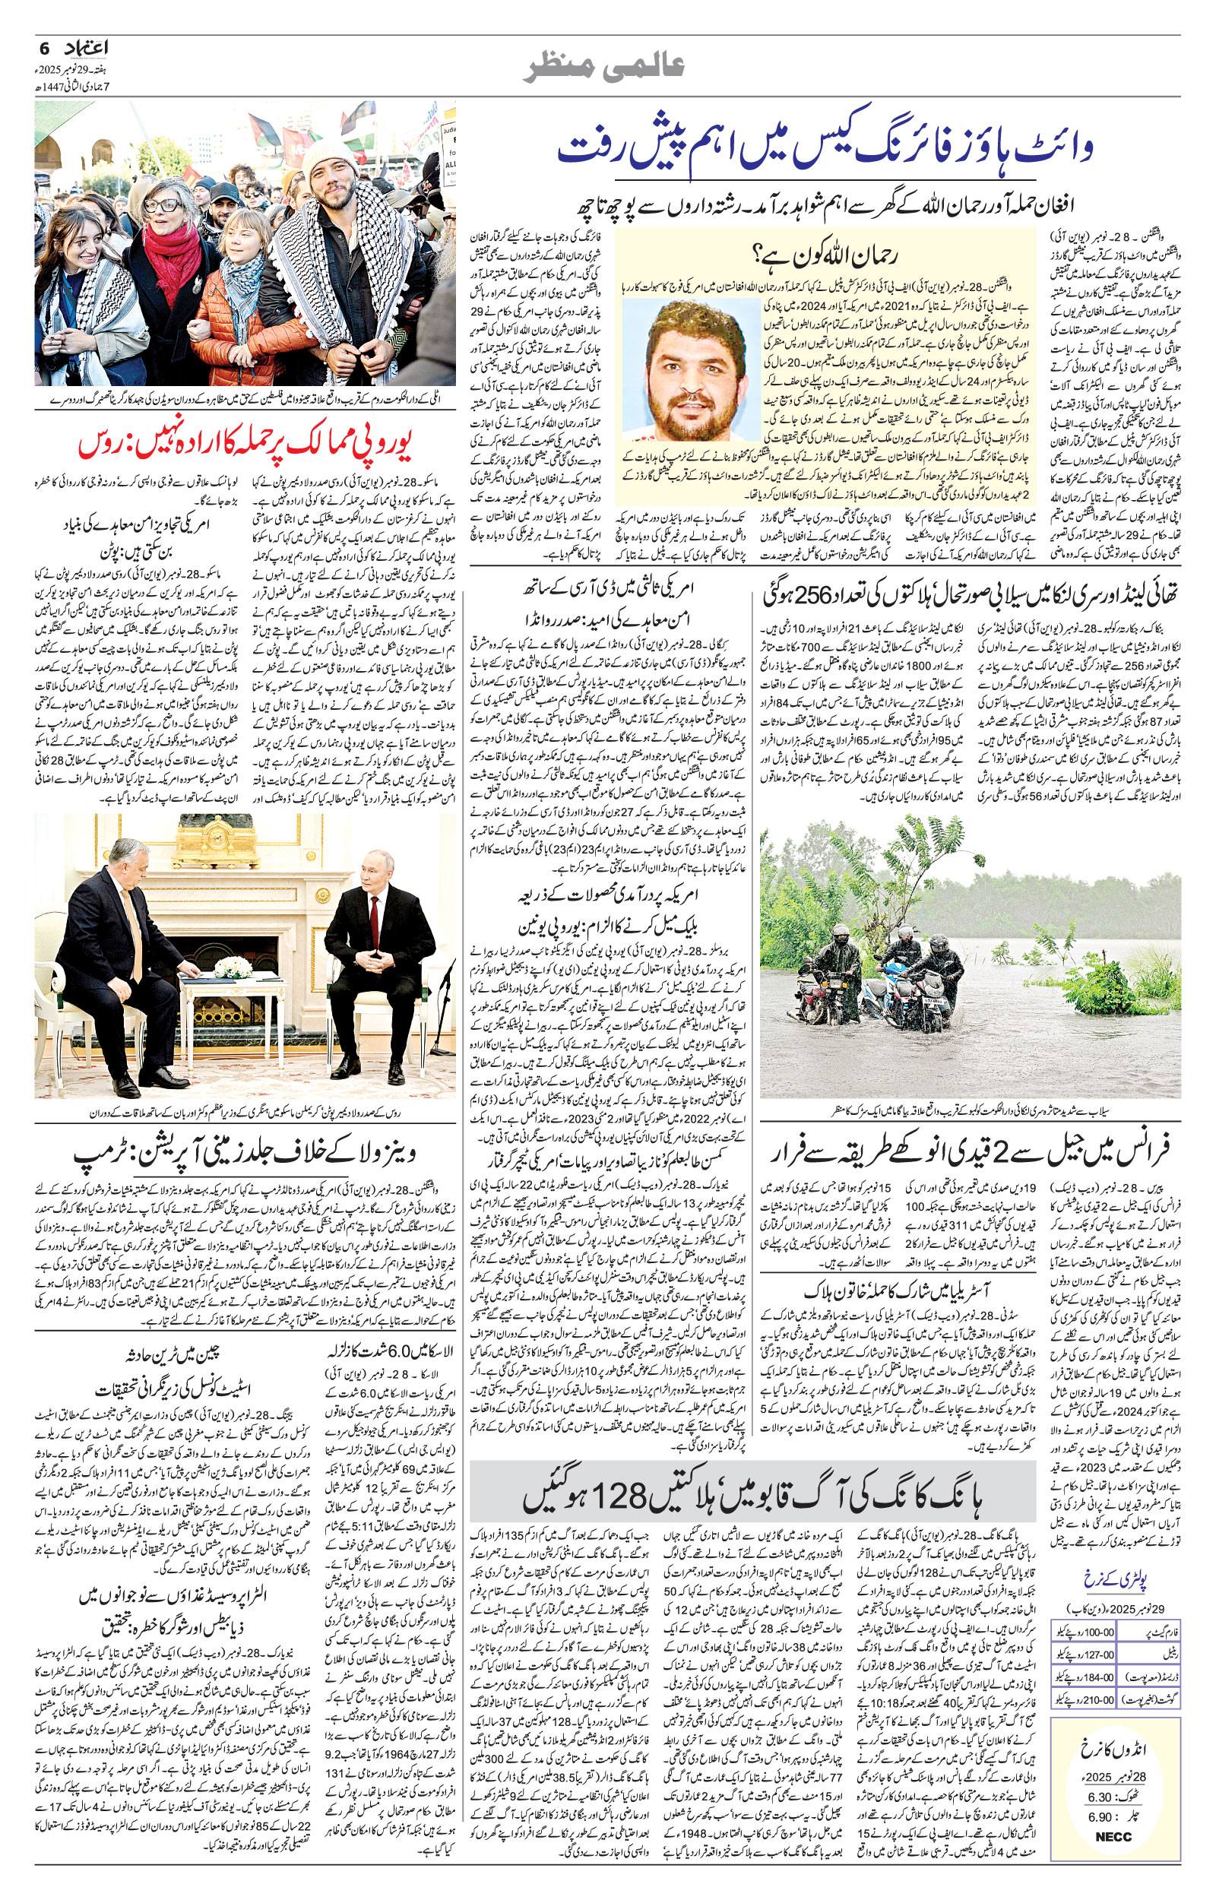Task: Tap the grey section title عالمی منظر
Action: pos(606,68)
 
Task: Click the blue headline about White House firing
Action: pos(825,147)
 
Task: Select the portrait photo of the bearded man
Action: pos(692,369)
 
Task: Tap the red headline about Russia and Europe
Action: pos(246,445)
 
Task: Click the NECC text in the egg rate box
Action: pos(1113,1853)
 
